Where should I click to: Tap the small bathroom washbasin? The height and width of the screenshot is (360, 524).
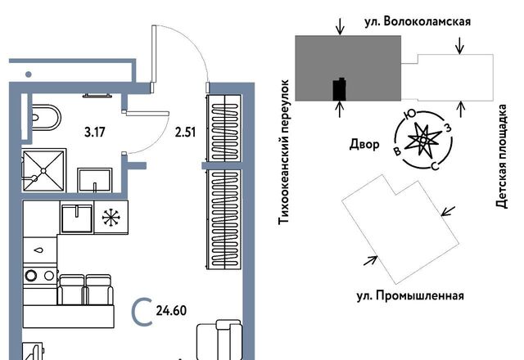96,180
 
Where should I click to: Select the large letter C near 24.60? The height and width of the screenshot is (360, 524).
142,311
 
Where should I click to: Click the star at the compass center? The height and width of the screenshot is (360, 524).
422,139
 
